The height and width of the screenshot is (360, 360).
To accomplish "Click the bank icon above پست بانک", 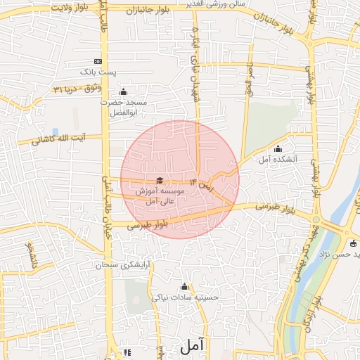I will pos(97,61).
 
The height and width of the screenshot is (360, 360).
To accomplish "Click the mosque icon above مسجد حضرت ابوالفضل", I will pos(124,92).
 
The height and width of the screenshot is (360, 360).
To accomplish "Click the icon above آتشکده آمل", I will pos(278,148).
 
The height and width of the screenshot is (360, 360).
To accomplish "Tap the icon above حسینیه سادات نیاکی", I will pos(185,286).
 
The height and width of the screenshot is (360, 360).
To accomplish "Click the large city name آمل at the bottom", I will pos(191,345).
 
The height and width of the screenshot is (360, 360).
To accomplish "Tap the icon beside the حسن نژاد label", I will pos(353,243).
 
